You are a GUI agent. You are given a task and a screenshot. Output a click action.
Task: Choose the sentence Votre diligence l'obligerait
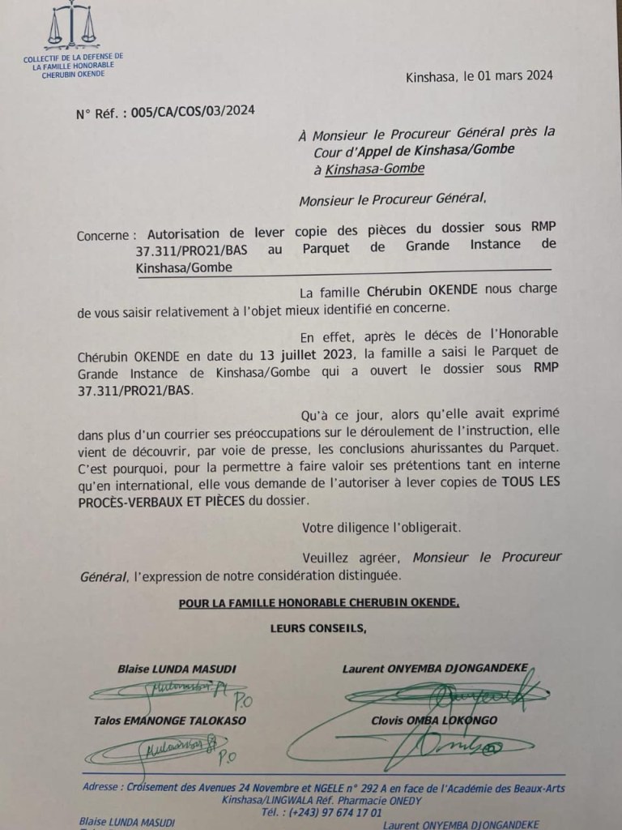pos(381,528)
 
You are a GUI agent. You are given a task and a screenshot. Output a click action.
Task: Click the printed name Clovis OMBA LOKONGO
pos(436,721)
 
